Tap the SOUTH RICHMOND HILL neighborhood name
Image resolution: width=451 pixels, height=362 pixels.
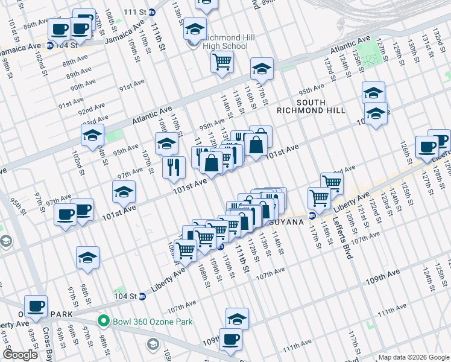(x=311, y=106)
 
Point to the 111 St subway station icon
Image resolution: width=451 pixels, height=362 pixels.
(x=151, y=12)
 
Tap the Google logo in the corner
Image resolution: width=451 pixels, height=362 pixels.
(x=20, y=355)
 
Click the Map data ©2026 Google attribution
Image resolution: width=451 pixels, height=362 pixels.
(x=414, y=357)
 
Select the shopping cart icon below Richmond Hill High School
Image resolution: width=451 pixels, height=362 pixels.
(x=222, y=61)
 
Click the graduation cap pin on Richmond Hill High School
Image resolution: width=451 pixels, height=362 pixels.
(x=195, y=28)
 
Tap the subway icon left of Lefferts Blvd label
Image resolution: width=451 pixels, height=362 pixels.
(x=312, y=215)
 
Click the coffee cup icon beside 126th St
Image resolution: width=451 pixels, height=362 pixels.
(x=427, y=146)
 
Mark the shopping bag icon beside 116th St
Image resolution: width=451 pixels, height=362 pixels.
(x=256, y=145)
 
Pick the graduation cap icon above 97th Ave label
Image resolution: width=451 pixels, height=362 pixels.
(x=124, y=192)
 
